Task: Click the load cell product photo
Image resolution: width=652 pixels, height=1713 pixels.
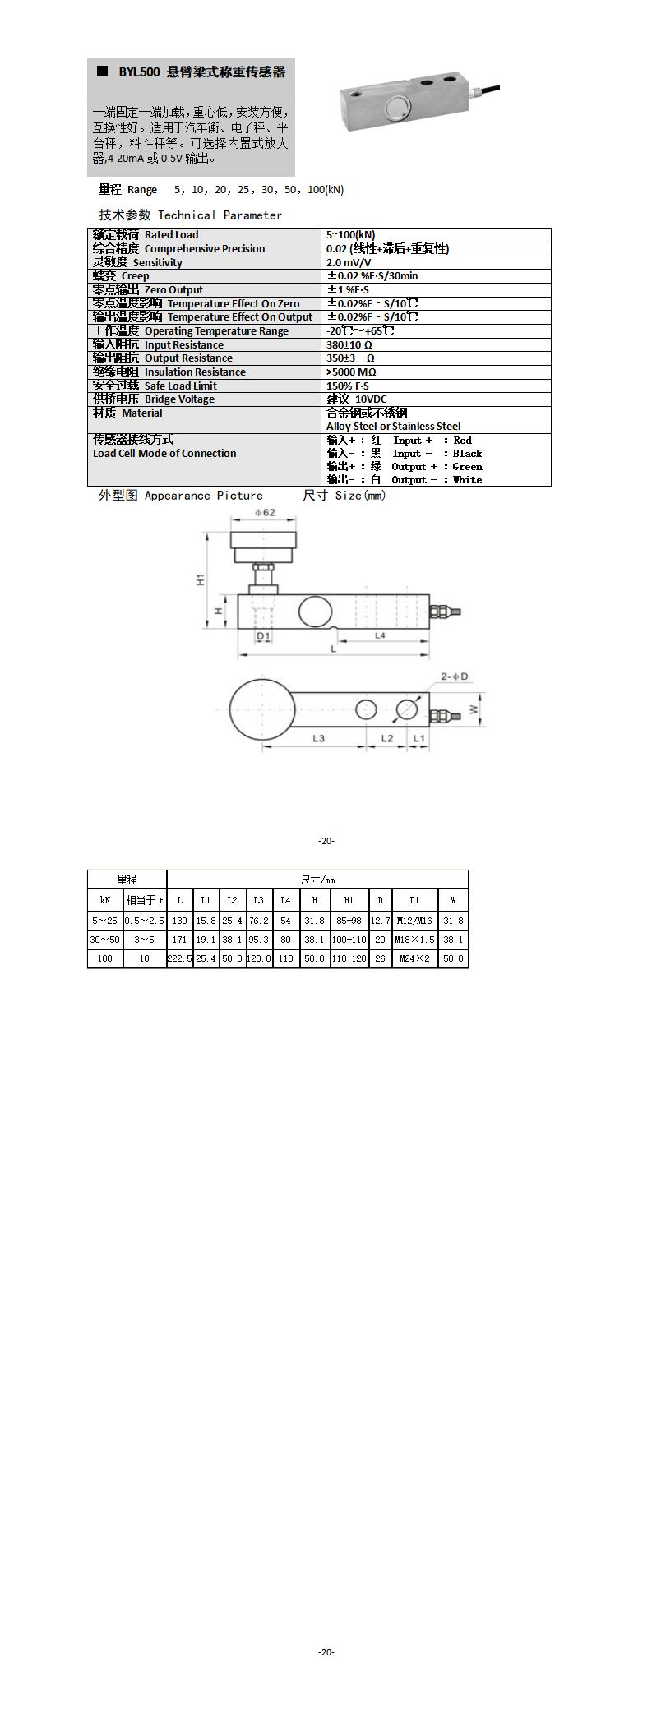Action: [x=418, y=106]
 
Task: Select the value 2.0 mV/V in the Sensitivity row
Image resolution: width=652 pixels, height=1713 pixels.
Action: [x=349, y=262]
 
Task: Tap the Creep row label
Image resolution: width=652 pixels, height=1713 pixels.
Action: [x=121, y=276]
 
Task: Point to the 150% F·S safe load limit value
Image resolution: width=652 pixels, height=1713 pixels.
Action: [x=348, y=386]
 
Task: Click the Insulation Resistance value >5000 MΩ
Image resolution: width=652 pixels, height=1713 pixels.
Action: [x=351, y=372]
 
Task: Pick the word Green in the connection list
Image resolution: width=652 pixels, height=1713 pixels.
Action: [x=467, y=467]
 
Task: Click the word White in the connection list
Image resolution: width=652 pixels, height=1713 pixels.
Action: [x=467, y=480]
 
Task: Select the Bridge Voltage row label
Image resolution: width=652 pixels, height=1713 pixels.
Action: [x=154, y=399]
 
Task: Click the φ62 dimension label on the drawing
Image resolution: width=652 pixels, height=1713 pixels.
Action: [x=265, y=512]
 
